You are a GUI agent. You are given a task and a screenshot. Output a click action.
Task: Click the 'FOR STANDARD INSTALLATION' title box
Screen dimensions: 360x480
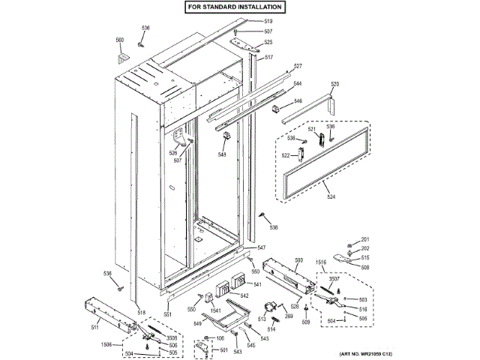pos(235,7)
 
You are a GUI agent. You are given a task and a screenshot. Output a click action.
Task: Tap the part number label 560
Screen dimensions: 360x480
pos(119,40)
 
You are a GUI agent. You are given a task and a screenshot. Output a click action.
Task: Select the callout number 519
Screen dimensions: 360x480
pos(268,21)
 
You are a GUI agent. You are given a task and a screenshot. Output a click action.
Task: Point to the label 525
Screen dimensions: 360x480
pos(268,43)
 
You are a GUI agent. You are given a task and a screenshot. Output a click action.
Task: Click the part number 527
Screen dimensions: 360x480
pos(297,67)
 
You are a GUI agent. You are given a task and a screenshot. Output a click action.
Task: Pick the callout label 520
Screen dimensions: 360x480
pos(334,84)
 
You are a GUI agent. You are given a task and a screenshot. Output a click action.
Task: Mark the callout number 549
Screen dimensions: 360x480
pos(197,324)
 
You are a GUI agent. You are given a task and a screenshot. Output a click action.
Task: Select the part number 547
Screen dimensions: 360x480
pos(261,247)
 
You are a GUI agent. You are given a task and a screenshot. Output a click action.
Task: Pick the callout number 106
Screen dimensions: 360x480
pos(220,339)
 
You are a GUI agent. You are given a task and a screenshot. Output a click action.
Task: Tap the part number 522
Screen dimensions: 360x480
pos(286,155)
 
